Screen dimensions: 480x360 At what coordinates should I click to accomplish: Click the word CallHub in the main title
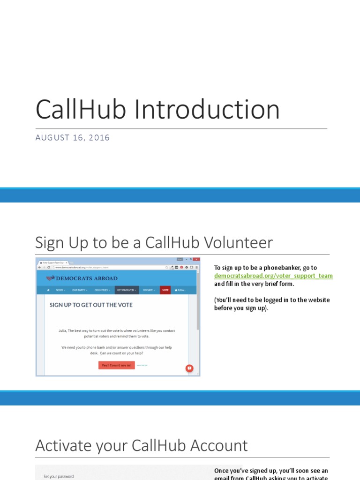pos(80,110)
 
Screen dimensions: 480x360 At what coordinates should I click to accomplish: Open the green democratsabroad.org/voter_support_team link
pos(273,276)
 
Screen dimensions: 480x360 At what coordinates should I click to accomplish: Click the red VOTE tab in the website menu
pos(165,290)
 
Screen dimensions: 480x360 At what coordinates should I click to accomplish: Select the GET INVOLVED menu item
pos(127,290)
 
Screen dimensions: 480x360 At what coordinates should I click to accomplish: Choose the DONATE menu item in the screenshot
pos(149,290)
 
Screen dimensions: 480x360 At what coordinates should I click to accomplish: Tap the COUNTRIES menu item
pos(102,290)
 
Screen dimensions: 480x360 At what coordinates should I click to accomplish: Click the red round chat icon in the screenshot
pos(189,368)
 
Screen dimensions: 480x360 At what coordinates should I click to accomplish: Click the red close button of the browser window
pos(196,259)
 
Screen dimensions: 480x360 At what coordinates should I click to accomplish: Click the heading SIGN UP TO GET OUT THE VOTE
pos(91,305)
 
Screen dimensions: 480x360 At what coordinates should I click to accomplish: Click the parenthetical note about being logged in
pos(272,304)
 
